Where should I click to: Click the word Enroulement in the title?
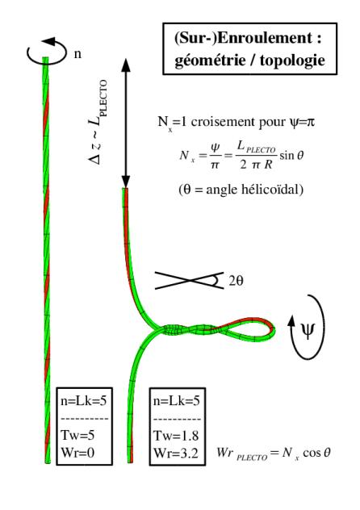coord(265,39)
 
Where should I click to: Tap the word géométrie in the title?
coord(210,61)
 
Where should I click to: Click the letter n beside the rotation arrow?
coord(77,54)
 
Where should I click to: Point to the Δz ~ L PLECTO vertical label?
coord(98,122)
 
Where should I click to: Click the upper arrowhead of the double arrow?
coord(126,65)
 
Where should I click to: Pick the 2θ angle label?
coord(236,281)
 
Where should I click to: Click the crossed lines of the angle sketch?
coord(189,280)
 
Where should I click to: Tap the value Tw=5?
coord(77,435)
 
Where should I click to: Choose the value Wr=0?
coord(77,453)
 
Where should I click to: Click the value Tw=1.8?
coord(176,436)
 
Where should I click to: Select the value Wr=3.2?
coord(176,453)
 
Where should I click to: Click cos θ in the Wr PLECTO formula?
coord(316,453)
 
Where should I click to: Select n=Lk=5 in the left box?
coord(84,400)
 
